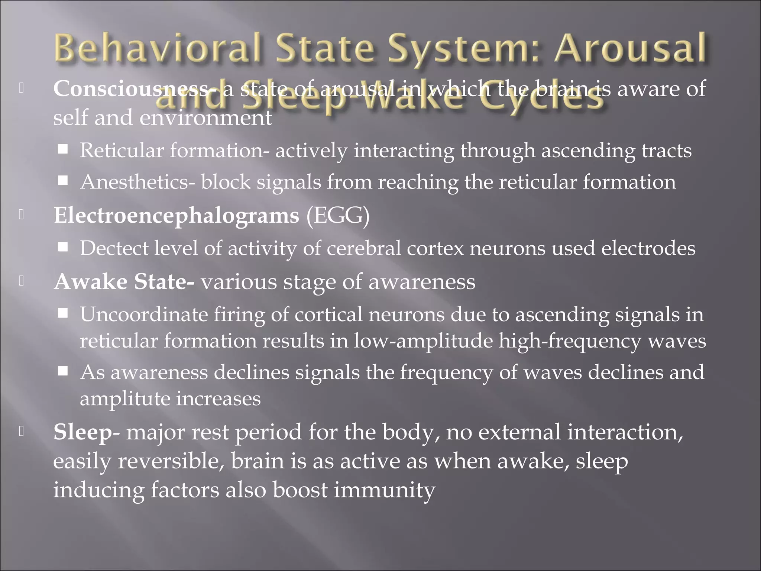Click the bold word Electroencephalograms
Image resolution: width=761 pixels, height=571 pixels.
pos(177,215)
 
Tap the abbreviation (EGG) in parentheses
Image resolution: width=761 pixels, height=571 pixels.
pos(338,215)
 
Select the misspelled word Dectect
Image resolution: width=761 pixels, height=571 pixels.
pos(114,248)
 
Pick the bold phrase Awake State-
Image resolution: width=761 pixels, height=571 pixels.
pos(124,281)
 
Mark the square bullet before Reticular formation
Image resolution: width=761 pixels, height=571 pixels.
pos(63,149)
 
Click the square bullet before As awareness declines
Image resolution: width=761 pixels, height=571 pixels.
pos(63,371)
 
